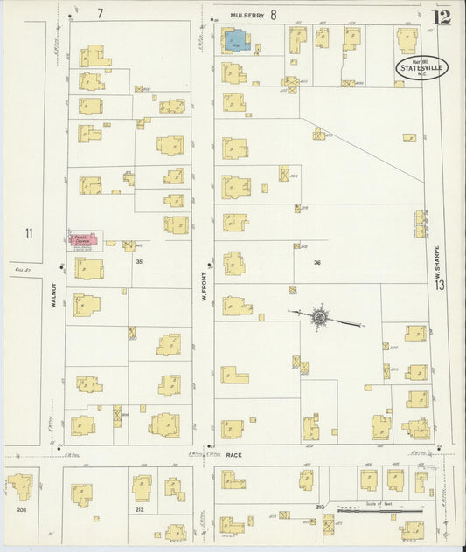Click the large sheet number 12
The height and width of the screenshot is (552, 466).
pyautogui.click(x=443, y=16)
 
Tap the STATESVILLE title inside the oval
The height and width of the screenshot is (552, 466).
pyautogui.click(x=423, y=67)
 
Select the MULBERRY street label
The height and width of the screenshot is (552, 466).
pyautogui.click(x=247, y=15)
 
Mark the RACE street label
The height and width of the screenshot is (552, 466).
pyautogui.click(x=233, y=455)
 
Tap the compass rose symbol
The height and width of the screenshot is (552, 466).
pyautogui.click(x=320, y=315)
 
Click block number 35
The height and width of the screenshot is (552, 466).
pyautogui.click(x=138, y=261)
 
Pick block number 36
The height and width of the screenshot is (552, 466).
pyautogui.click(x=317, y=261)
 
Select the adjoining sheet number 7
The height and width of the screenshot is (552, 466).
pyautogui.click(x=101, y=13)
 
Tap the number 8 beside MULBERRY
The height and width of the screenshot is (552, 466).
pyautogui.click(x=273, y=14)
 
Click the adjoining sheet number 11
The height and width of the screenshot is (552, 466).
pyautogui.click(x=29, y=233)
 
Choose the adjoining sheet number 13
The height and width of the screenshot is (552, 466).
pyautogui.click(x=442, y=285)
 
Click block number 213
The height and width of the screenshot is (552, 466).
pyautogui.click(x=320, y=506)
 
